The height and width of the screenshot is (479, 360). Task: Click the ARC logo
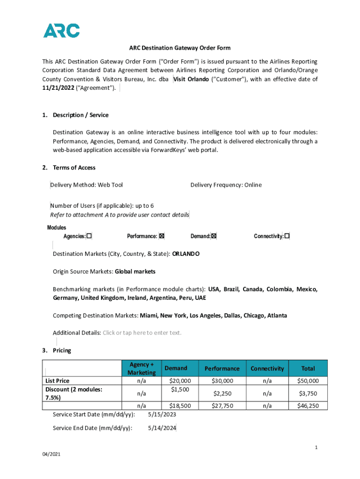61,30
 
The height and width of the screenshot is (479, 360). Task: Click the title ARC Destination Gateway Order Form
180,48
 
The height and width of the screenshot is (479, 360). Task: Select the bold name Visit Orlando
191,79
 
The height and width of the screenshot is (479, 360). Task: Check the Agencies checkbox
89,236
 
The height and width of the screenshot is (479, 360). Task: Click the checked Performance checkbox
162,236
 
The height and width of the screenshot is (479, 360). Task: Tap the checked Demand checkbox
214,236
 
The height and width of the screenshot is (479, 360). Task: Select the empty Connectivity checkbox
287,236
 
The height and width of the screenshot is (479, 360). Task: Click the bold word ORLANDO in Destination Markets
186,254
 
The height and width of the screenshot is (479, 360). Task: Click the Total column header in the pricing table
308,369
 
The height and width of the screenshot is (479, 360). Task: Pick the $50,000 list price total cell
308,381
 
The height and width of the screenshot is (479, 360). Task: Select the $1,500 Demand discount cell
180,389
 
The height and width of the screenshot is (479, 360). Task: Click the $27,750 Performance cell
222,406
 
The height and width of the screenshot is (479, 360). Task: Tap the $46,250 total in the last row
308,406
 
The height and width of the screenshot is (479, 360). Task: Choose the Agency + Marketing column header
141,369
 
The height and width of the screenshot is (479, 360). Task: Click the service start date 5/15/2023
162,414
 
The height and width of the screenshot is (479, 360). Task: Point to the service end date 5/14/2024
162,428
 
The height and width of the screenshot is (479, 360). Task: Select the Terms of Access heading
74,167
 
